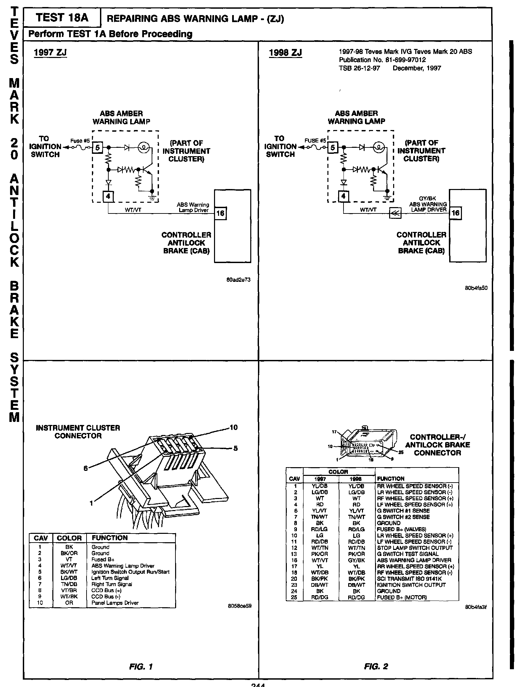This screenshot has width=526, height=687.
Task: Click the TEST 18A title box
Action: point(62,18)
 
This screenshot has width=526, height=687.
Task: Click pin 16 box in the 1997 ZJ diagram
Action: point(221,213)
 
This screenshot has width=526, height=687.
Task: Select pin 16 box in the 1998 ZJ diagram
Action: point(456,213)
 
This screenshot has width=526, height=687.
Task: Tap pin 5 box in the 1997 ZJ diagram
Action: point(97,147)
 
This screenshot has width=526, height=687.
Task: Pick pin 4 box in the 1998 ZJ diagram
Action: point(343,196)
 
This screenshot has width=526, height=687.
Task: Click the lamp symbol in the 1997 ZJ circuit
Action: point(144,147)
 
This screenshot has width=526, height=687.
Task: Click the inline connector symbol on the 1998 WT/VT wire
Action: point(395,213)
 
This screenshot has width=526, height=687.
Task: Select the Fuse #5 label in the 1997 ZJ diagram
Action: point(80,141)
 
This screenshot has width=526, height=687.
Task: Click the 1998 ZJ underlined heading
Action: point(285,53)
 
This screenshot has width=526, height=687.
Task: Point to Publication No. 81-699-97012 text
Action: point(382,60)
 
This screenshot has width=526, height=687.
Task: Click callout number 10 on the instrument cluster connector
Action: point(233,427)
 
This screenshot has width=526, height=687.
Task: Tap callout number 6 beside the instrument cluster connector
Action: point(86,468)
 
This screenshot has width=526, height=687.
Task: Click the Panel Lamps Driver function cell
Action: point(115,603)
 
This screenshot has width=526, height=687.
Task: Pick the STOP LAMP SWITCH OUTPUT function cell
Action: point(415,548)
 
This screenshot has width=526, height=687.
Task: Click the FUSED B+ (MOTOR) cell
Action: point(402,598)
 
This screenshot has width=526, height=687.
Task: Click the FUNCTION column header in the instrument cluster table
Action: point(110,538)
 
